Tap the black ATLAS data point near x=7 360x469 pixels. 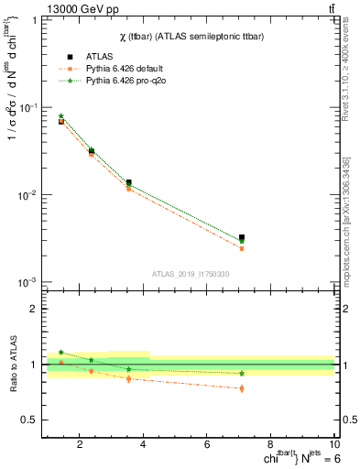pos(242,238)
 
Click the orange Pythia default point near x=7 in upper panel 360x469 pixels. pos(242,248)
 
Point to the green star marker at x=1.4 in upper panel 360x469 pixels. pos(60,116)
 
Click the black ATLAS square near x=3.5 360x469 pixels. pos(128,182)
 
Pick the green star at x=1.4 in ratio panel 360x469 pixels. pos(60,352)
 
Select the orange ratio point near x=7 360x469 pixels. pos(242,388)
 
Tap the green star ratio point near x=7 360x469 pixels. pos(242,373)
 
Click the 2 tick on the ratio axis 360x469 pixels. pos(35,309)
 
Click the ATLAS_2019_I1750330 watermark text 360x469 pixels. pos(190,274)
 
